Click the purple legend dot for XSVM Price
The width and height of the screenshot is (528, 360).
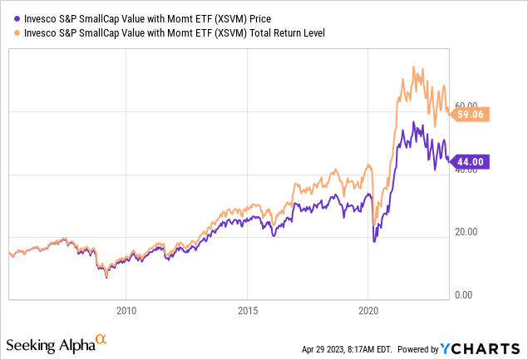pos(9,15)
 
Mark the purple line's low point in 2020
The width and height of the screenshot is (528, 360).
pos(374,241)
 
